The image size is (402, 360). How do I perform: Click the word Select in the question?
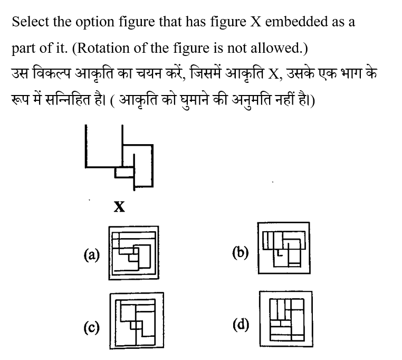pyautogui.click(x=31, y=22)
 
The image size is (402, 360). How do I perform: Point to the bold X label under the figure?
pyautogui.click(x=119, y=206)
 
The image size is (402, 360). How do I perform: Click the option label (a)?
pyautogui.click(x=91, y=255)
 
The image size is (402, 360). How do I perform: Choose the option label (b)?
pyautogui.click(x=241, y=252)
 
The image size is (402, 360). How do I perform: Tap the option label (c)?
pyautogui.click(x=91, y=328)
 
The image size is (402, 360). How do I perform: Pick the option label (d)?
pyautogui.click(x=241, y=325)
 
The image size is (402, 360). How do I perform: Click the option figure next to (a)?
pyautogui.click(x=133, y=253)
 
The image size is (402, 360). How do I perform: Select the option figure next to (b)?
pyautogui.click(x=284, y=248)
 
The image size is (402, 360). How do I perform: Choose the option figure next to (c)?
pyautogui.click(x=137, y=321)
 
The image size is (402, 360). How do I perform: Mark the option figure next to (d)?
pyautogui.click(x=286, y=319)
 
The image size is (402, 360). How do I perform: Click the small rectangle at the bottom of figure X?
pyautogui.click(x=125, y=173)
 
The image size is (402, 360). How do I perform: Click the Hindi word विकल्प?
pyautogui.click(x=52, y=74)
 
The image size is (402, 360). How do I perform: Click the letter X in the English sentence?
pyautogui.click(x=255, y=22)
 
